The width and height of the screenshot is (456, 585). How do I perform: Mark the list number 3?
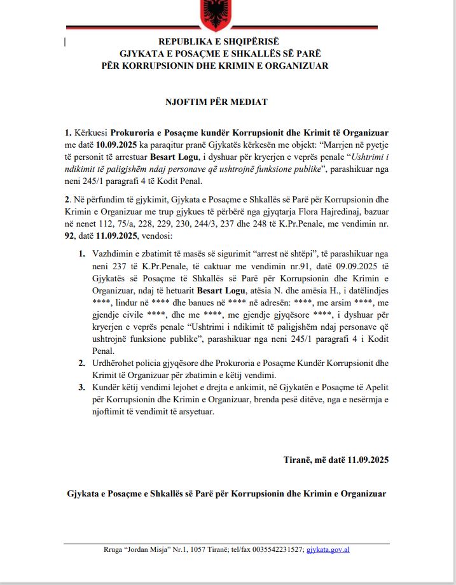81,387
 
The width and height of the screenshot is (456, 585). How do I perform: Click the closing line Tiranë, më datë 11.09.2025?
336,459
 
